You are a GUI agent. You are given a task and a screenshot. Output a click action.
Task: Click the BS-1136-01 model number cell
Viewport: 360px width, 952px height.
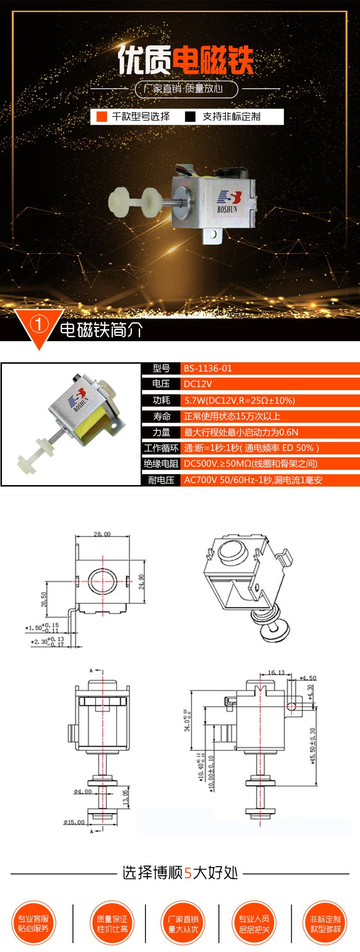coord(208,369)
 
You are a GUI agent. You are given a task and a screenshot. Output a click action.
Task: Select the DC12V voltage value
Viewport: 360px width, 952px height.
coord(198,384)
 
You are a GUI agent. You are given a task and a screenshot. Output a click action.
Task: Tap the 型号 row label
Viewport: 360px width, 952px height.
coord(161,369)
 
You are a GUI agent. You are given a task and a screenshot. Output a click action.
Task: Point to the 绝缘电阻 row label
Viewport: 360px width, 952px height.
coord(161,464)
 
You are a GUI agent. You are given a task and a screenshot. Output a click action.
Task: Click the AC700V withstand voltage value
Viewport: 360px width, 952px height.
coord(253,480)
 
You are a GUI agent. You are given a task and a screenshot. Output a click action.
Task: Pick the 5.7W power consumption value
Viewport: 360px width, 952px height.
coord(240,400)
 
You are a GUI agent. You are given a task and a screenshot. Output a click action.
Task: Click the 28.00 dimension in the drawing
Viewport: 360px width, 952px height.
coord(102,534)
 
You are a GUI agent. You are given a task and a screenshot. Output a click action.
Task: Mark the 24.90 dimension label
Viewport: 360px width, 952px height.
coord(141,582)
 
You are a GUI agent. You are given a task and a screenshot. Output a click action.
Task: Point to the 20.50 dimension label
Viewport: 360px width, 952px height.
coord(44,599)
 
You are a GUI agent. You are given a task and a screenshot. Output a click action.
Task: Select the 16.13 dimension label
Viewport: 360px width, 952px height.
coord(276,673)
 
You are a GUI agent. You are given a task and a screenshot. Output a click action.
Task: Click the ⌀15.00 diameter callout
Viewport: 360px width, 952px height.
coord(74,822)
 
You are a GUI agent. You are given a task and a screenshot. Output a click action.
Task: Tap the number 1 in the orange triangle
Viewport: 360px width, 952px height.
coord(39,325)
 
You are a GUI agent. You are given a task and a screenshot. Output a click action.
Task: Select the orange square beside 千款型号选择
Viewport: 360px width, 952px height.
coord(102,117)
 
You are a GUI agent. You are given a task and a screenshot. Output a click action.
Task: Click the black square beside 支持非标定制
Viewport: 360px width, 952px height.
coord(191,117)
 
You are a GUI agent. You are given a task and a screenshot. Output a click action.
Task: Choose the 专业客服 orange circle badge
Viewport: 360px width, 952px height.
coord(34,923)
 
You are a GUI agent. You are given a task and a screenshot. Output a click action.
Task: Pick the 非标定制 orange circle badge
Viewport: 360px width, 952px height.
coord(325,923)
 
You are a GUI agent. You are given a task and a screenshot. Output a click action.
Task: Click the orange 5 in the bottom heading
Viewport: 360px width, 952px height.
coord(188,873)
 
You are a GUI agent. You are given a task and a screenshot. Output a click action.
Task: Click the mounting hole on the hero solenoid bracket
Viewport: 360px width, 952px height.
coord(214,235)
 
